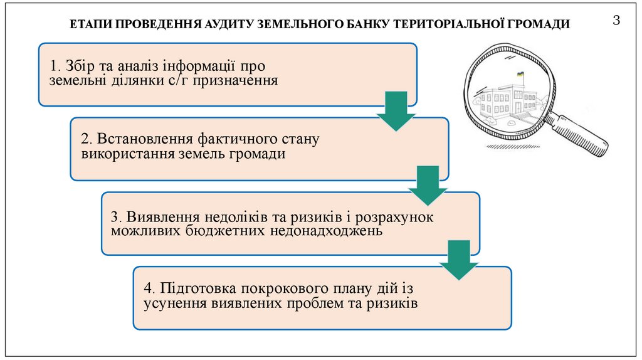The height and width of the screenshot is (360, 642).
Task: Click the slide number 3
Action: [x=616, y=21]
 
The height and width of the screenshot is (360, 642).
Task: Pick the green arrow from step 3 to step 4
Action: [x=459, y=259]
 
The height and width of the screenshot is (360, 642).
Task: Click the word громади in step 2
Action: [x=260, y=154]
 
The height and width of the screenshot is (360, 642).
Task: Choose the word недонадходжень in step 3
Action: [x=326, y=231]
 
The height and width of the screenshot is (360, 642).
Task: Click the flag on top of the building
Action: [x=520, y=75]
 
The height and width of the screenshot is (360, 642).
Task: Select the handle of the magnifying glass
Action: [x=584, y=133]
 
